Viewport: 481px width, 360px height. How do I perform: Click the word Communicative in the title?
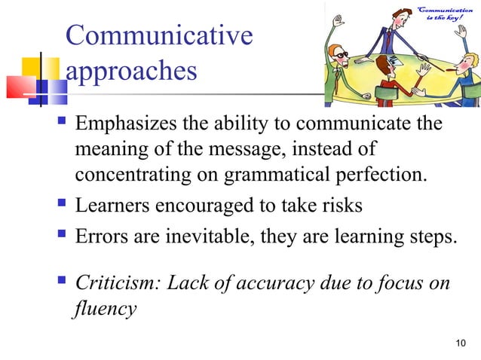pyautogui.click(x=159, y=36)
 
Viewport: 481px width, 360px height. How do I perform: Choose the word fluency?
pyautogui.click(x=105, y=309)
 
